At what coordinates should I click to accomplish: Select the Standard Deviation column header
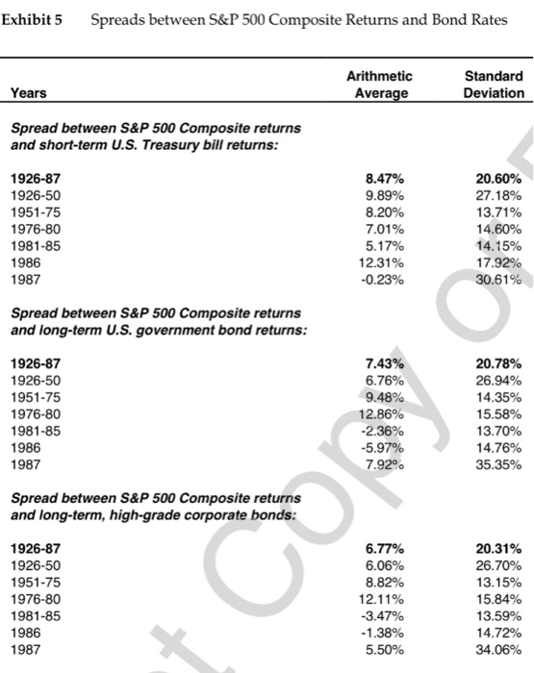494,85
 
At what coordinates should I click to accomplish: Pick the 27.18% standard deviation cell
498,195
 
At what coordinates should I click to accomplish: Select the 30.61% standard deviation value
498,281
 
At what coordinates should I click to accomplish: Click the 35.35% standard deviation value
498,466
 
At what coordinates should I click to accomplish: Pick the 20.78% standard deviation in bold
498,363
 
